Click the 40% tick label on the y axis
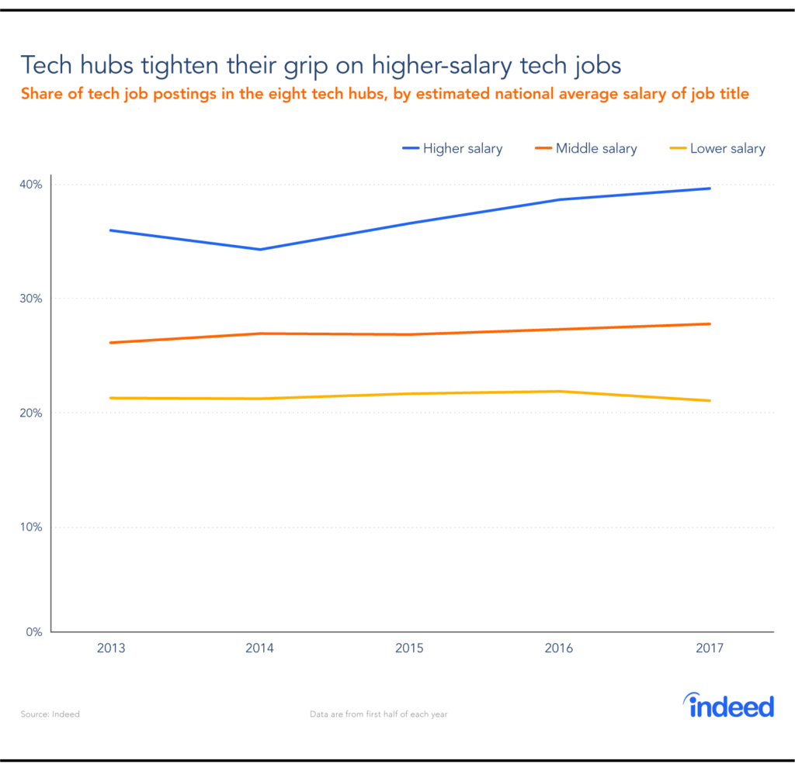pos(32,185)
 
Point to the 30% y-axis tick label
pos(32,299)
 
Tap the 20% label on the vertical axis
pos(32,413)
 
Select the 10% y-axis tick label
pos(32,527)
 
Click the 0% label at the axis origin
pos(35,632)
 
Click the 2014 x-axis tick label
pos(260,648)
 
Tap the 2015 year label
pos(409,648)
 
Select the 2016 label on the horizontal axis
pos(559,648)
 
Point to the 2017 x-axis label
pos(709,648)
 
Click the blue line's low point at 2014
pos(260,249)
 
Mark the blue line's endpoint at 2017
pos(710,188)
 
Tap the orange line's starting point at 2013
pos(111,342)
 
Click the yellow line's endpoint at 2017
pos(710,400)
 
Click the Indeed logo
pos(731,706)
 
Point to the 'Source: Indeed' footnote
pos(50,714)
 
